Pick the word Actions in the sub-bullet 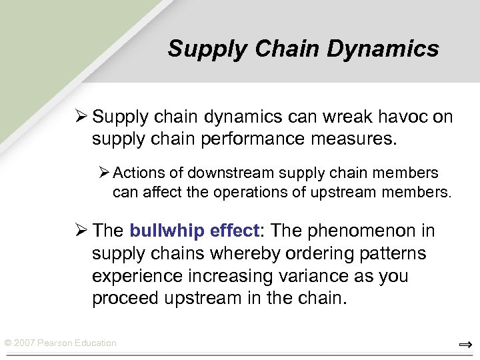point(139,173)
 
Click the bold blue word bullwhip point(167,231)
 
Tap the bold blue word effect point(233,231)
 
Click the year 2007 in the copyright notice point(25,343)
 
